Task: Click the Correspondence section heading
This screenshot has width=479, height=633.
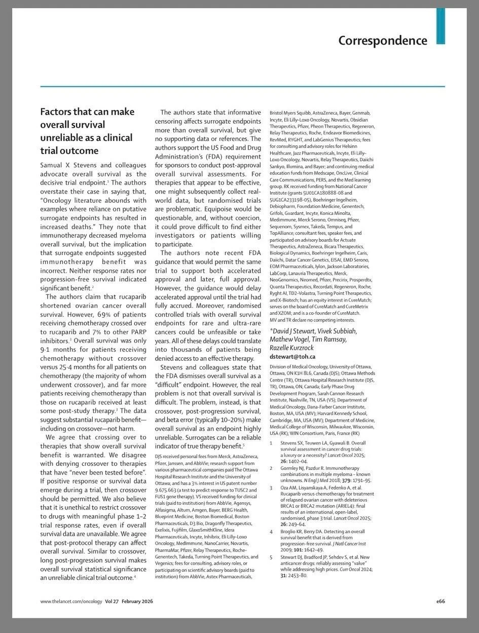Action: click(383, 40)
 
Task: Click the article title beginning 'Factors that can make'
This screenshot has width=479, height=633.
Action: click(87, 131)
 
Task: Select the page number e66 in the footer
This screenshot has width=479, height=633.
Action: click(440, 601)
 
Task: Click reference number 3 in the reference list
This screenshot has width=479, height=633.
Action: click(272, 488)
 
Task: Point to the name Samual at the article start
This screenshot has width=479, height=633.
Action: click(54, 166)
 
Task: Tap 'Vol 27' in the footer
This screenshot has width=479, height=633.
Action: click(113, 601)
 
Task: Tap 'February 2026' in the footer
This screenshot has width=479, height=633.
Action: click(137, 601)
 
